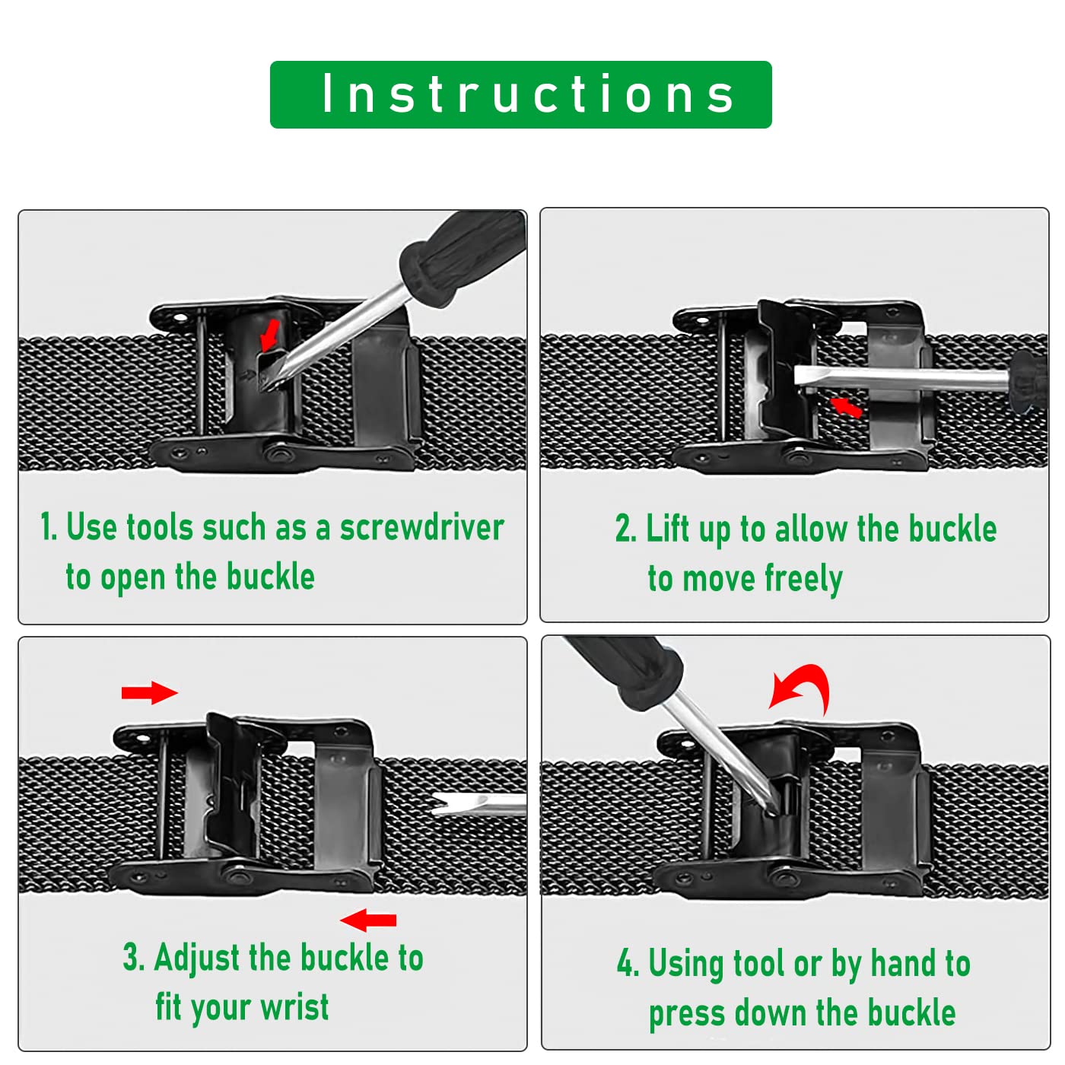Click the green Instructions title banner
pos(520,94)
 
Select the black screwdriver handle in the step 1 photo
pos(462,258)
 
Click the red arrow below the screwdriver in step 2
pos(846,407)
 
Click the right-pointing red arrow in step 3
pos(149,692)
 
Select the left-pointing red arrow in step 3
pos(368,920)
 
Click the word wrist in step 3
pos(294,1007)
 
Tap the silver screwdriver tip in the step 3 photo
pos(478,804)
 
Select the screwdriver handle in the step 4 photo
pos(625,670)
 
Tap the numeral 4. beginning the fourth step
pos(628,963)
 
